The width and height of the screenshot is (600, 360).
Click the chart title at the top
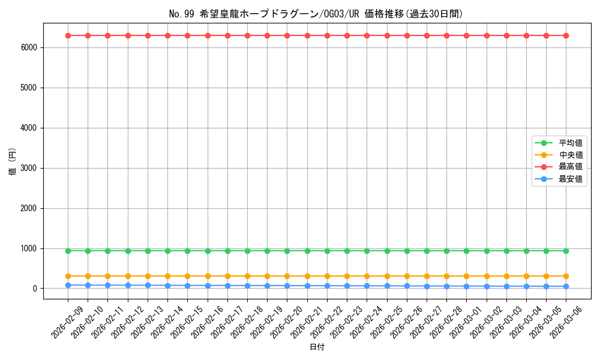tap(316, 14)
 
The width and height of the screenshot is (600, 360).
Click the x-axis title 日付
tap(317, 347)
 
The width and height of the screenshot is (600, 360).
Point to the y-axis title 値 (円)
tap(12, 162)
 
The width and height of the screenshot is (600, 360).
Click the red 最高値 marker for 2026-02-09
tap(68, 35)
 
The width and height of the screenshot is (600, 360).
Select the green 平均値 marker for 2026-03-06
tap(566, 251)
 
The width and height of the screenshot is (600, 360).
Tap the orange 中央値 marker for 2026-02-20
tap(287, 276)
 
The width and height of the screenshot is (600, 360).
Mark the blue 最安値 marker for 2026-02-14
tap(167, 286)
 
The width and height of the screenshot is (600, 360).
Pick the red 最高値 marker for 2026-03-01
tap(466, 35)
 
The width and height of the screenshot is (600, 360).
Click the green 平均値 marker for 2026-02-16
tap(208, 251)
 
